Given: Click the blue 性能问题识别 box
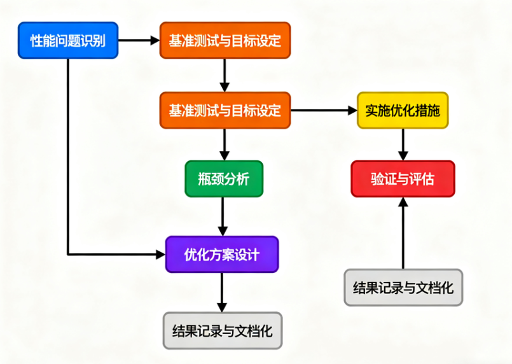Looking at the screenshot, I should pos(68,41).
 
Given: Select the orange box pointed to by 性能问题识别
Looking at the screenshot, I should pos(225,41).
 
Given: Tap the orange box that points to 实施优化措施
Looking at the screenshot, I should pos(225,110).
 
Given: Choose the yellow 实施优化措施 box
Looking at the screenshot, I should pos(403,110).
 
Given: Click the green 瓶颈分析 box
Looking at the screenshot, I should pos(224,179).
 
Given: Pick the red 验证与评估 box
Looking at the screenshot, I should pos(403,179).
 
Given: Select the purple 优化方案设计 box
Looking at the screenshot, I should pos(222,255).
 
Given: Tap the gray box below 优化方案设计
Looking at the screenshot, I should pos(223,331).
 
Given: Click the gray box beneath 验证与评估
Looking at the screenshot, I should pos(403,287).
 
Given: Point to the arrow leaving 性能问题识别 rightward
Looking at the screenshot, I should pos(139,41).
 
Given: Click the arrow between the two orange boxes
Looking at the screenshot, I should pos(224,75).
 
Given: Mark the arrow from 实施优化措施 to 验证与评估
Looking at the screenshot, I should pos(403,144).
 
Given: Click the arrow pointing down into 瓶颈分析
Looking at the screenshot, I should pos(224,144).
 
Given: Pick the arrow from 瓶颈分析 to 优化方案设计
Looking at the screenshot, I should pos(223,217).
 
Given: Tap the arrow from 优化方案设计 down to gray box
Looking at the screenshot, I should pos(222,293).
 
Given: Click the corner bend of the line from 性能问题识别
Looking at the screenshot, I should pos(68,255).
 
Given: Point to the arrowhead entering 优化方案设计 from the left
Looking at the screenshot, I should pos(160,255).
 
